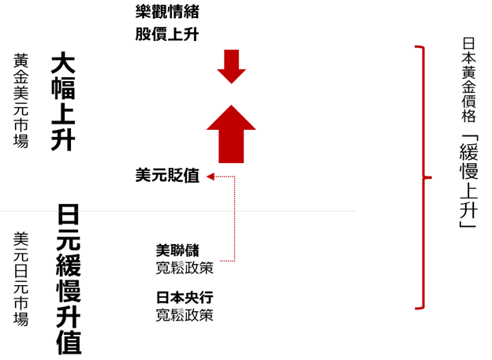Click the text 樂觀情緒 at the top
click(166, 12)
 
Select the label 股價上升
click(166, 34)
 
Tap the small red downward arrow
click(232, 66)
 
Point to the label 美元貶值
click(167, 176)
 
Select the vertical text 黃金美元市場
click(21, 101)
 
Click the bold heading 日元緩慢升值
click(69, 279)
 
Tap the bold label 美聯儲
click(177, 252)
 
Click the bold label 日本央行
click(184, 299)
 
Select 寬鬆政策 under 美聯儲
click(184, 269)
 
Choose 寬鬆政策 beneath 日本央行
click(184, 315)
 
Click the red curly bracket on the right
click(425, 178)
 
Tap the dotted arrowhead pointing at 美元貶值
click(210, 177)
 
